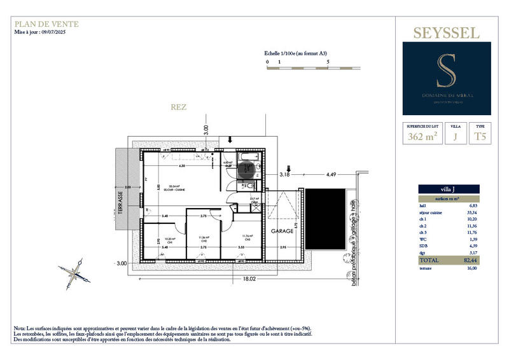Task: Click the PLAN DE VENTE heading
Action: pos(46,24)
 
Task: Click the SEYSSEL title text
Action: pos(447,33)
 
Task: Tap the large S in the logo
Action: pos(446,71)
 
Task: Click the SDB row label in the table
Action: pos(424,246)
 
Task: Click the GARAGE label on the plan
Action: pos(282,230)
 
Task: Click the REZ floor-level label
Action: pos(178,107)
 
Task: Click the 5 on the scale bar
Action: pos(328,62)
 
